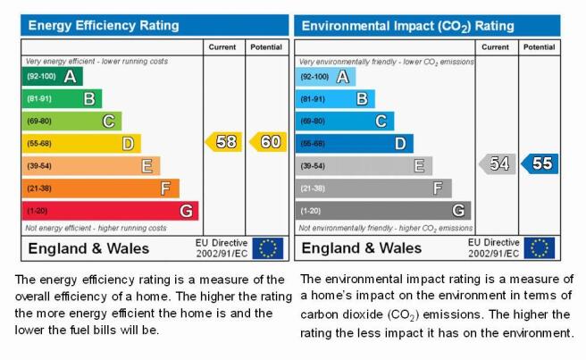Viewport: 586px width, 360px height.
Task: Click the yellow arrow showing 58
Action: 223,142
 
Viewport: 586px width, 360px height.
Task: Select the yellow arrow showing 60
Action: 268,142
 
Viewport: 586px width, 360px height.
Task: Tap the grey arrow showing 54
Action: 498,163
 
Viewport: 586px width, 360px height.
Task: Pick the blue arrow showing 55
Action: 540,163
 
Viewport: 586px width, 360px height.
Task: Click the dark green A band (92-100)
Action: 53,76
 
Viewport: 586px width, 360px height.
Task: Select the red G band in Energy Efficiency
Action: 110,211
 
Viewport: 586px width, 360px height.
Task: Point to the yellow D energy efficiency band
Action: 81,144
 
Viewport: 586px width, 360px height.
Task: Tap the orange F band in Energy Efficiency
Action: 101,188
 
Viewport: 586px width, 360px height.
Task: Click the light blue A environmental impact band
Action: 325,77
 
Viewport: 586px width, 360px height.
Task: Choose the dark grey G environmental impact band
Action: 383,211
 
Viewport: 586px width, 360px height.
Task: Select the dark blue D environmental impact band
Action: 355,144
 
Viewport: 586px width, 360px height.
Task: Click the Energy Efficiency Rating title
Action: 104,25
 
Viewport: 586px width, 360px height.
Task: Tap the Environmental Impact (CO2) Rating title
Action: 407,26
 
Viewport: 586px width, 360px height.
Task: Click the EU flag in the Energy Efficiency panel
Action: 268,248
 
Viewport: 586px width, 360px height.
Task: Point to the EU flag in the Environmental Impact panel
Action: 540,247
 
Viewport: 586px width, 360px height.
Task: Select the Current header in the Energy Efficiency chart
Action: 222,47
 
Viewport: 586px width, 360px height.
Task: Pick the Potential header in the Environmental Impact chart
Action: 539,47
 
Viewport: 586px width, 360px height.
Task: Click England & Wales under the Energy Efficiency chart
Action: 88,248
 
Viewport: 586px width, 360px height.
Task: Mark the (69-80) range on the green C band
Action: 39,121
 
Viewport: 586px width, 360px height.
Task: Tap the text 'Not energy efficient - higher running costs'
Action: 96,228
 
